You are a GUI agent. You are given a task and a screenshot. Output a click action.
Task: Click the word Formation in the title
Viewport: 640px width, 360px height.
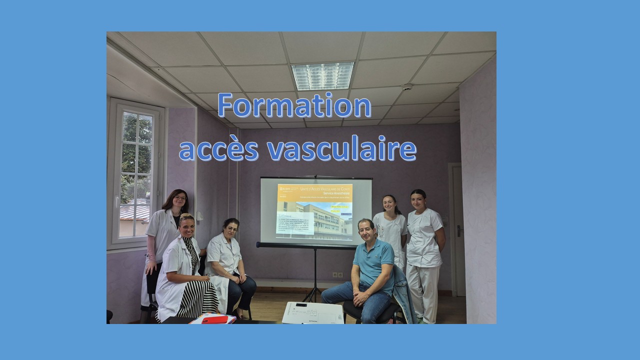[294, 106]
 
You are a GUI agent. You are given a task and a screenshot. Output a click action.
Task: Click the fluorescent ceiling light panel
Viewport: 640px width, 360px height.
[322, 75]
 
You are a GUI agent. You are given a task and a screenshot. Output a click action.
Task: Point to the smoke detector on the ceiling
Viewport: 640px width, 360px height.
[407, 87]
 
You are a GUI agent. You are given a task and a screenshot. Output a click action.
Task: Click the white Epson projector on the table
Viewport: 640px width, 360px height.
[312, 313]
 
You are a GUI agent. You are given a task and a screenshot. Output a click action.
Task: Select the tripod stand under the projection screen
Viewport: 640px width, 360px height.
[314, 275]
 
